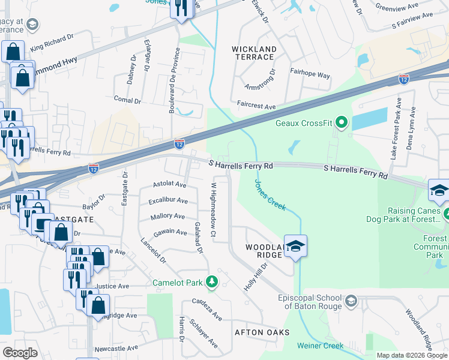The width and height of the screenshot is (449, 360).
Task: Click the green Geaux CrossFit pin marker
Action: click(x=342, y=124)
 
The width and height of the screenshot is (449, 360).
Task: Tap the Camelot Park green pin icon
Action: click(x=211, y=281)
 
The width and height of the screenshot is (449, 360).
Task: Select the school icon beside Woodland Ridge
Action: click(x=295, y=246)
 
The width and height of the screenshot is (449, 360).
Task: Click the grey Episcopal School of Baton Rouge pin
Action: click(x=351, y=300)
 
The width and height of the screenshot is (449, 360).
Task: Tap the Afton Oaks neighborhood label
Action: click(x=262, y=332)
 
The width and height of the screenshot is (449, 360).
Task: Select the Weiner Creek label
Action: click(x=321, y=346)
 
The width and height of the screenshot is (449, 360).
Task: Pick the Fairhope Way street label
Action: click(x=310, y=76)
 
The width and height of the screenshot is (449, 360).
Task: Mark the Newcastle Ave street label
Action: click(x=116, y=347)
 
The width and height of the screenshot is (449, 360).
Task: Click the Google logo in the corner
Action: click(x=20, y=353)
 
